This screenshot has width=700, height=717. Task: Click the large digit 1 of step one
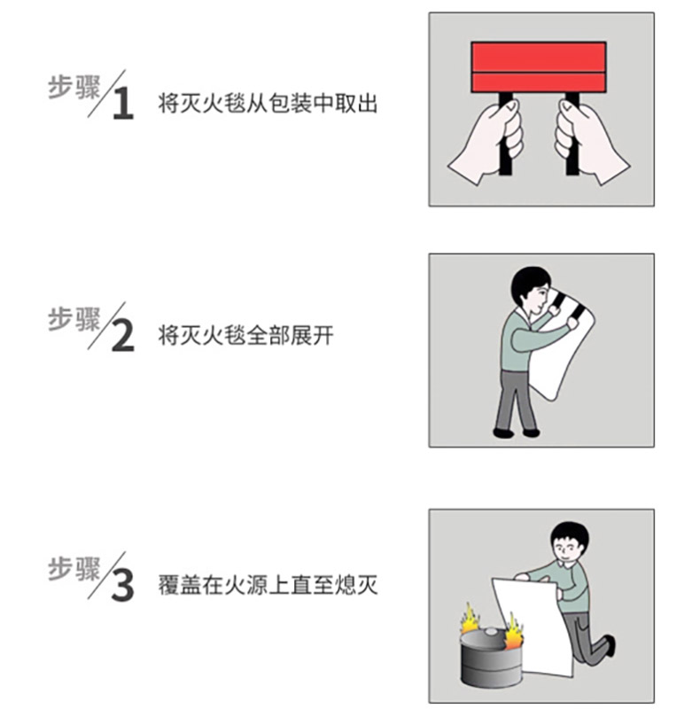pyautogui.click(x=123, y=104)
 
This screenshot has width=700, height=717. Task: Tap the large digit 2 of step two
pyautogui.click(x=122, y=336)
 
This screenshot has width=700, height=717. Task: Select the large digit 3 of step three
pyautogui.click(x=122, y=585)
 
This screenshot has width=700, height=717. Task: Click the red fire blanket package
pyautogui.click(x=539, y=67)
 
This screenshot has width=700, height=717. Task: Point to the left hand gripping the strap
pyautogui.click(x=487, y=142)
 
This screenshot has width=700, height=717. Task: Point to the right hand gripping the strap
pyautogui.click(x=590, y=142)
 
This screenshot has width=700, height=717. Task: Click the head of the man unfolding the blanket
pyautogui.click(x=532, y=291)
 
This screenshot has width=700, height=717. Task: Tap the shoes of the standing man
pyautogui.click(x=517, y=433)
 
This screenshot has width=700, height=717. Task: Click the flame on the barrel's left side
pyautogui.click(x=470, y=620)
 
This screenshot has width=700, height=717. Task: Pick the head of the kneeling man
pyautogui.click(x=567, y=545)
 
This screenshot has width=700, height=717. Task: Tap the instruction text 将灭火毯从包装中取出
pyautogui.click(x=268, y=104)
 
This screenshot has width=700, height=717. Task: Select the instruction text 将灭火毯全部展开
pyautogui.click(x=246, y=335)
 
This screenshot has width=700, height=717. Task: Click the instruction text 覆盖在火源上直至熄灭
pyautogui.click(x=268, y=585)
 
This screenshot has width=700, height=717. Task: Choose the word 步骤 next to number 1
pyautogui.click(x=74, y=87)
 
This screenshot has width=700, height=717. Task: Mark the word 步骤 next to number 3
pyautogui.click(x=74, y=569)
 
